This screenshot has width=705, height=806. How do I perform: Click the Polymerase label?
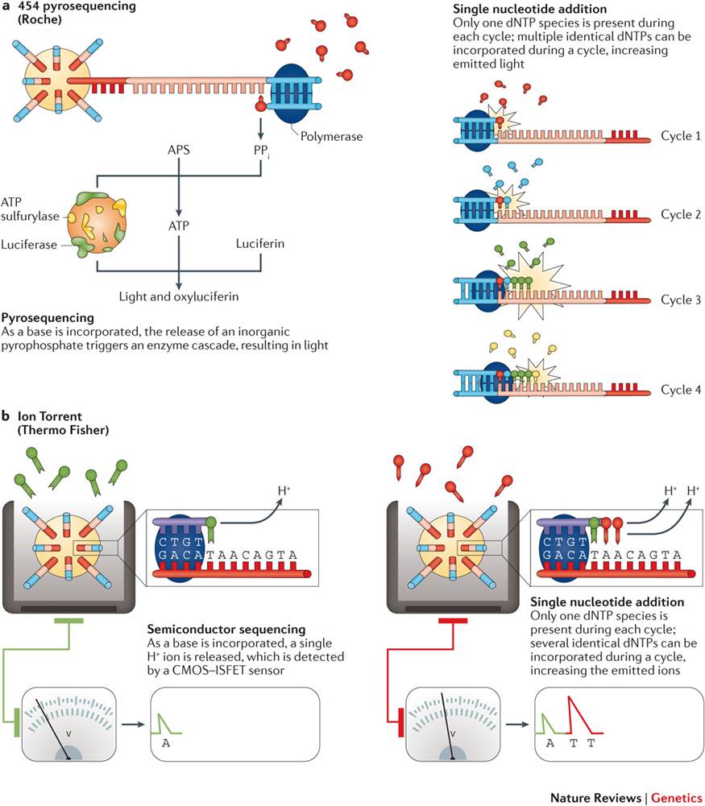tap(331, 136)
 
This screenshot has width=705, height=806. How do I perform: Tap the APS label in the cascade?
tap(178, 150)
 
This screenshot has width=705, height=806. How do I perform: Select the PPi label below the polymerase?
tap(261, 151)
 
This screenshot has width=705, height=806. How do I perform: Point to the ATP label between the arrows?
tap(178, 225)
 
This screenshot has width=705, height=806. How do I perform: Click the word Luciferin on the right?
tap(259, 243)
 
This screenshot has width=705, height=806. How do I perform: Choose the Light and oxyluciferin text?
tap(178, 296)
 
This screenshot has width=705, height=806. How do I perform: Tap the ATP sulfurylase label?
tap(30, 209)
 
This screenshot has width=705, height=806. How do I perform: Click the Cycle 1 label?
tap(680, 136)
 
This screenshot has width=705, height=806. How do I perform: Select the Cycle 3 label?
tap(680, 300)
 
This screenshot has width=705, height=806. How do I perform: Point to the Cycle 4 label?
tap(680, 391)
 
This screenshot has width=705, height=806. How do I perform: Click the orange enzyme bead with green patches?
tap(97, 224)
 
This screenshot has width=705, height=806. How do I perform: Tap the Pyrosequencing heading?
tap(48, 318)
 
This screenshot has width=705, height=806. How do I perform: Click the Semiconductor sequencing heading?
tap(226, 629)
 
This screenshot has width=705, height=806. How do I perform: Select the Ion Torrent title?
tap(49, 415)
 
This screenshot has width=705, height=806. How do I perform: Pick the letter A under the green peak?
tap(166, 742)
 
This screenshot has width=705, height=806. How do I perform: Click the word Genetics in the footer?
tap(678, 797)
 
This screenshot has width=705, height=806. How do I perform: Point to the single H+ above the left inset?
tap(284, 490)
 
